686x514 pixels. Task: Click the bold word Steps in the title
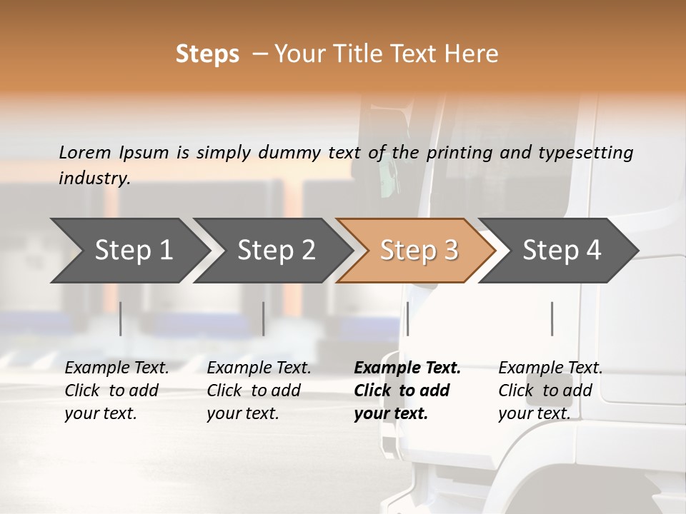207,54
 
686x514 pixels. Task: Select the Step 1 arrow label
134,250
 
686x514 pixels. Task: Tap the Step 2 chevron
276,250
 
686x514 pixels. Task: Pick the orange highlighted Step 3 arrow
419,250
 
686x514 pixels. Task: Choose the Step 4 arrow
562,250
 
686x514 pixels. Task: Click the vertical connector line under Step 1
121,318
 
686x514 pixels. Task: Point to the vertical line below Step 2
264,318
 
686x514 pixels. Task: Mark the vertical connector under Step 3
407,318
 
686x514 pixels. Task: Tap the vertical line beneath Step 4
552,318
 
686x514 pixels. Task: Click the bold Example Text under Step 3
407,368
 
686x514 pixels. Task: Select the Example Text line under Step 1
116,368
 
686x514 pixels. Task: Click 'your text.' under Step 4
534,413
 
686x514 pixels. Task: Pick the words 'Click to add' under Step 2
254,390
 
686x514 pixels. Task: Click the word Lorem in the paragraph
85,153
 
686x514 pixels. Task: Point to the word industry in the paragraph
94,178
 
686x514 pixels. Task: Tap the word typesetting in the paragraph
592,153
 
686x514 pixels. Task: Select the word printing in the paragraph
457,153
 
